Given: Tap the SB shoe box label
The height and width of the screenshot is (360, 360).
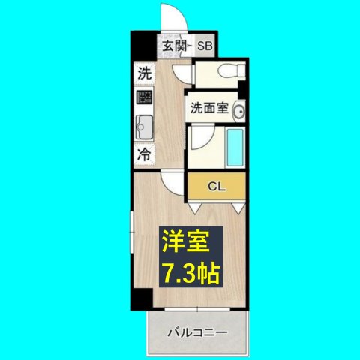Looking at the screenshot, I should pos(205,46).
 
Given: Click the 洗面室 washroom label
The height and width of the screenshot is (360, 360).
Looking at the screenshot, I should pos(207,106).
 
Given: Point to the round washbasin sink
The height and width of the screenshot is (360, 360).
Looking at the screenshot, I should pos(239,112).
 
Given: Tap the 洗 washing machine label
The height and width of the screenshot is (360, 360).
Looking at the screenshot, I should pos(143,74).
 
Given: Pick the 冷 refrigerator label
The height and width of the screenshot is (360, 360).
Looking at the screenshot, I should pos(143,155).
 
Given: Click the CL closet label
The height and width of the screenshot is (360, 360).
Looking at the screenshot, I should pos(216,185).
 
